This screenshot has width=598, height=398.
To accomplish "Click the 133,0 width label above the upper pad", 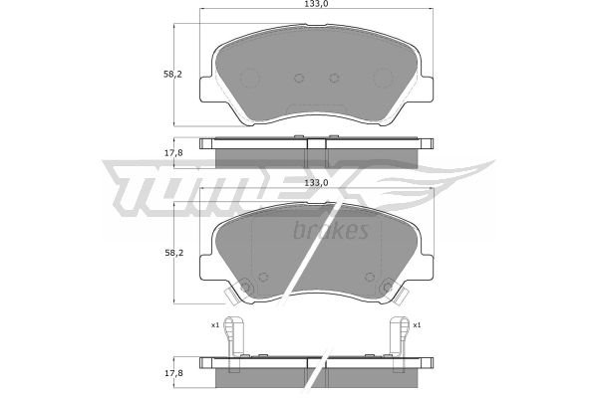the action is point(316,4).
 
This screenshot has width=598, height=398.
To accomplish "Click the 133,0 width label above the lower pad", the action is point(316,182).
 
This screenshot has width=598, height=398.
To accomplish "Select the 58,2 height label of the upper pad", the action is point(172,75).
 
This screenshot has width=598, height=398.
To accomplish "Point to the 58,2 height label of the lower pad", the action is point(173,253).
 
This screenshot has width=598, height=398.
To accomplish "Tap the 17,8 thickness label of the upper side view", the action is point(173,153).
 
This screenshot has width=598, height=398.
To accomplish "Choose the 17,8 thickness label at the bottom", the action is point(173,373).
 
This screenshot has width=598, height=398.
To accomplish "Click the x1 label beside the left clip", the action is point(215,325).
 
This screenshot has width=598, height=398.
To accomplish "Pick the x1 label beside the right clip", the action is point(417,325).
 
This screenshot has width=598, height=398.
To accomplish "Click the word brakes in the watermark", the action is point(331,230).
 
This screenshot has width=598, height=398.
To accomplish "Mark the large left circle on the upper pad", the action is point(249,78).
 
